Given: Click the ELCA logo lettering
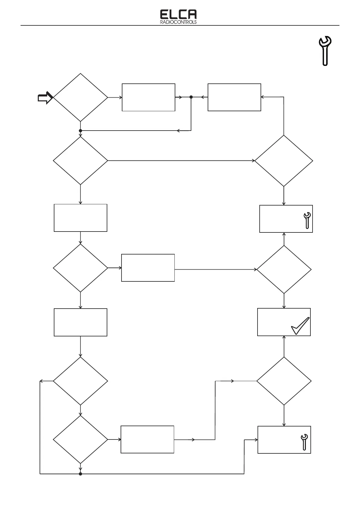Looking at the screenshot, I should click(x=178, y=15).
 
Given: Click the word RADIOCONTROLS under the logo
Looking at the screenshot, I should click(x=178, y=22).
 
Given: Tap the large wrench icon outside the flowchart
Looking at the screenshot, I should click(x=325, y=50).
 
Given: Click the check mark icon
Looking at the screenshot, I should click(x=300, y=326).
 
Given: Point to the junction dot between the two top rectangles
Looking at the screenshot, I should click(x=191, y=97).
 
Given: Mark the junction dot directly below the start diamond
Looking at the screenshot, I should click(x=80, y=131).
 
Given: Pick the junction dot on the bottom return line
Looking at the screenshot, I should click(x=80, y=474).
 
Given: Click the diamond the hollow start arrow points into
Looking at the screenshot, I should click(x=80, y=97).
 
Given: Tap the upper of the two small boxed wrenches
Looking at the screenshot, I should click(x=307, y=220).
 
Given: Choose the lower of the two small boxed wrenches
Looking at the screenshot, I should click(x=304, y=442).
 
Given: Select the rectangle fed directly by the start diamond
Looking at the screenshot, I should click(x=148, y=97).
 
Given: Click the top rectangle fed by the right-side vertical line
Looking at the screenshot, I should click(x=234, y=97).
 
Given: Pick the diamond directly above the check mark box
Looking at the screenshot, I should click(x=284, y=269).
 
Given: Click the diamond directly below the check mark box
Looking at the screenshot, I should click(x=284, y=381).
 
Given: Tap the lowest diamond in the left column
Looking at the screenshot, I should click(x=80, y=439).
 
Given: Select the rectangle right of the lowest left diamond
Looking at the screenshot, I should click(x=147, y=439).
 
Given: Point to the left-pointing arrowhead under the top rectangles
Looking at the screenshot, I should click(x=178, y=131).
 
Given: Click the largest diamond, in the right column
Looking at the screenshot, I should click(x=284, y=160).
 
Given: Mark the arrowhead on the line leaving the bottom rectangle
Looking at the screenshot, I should click(x=193, y=439).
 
